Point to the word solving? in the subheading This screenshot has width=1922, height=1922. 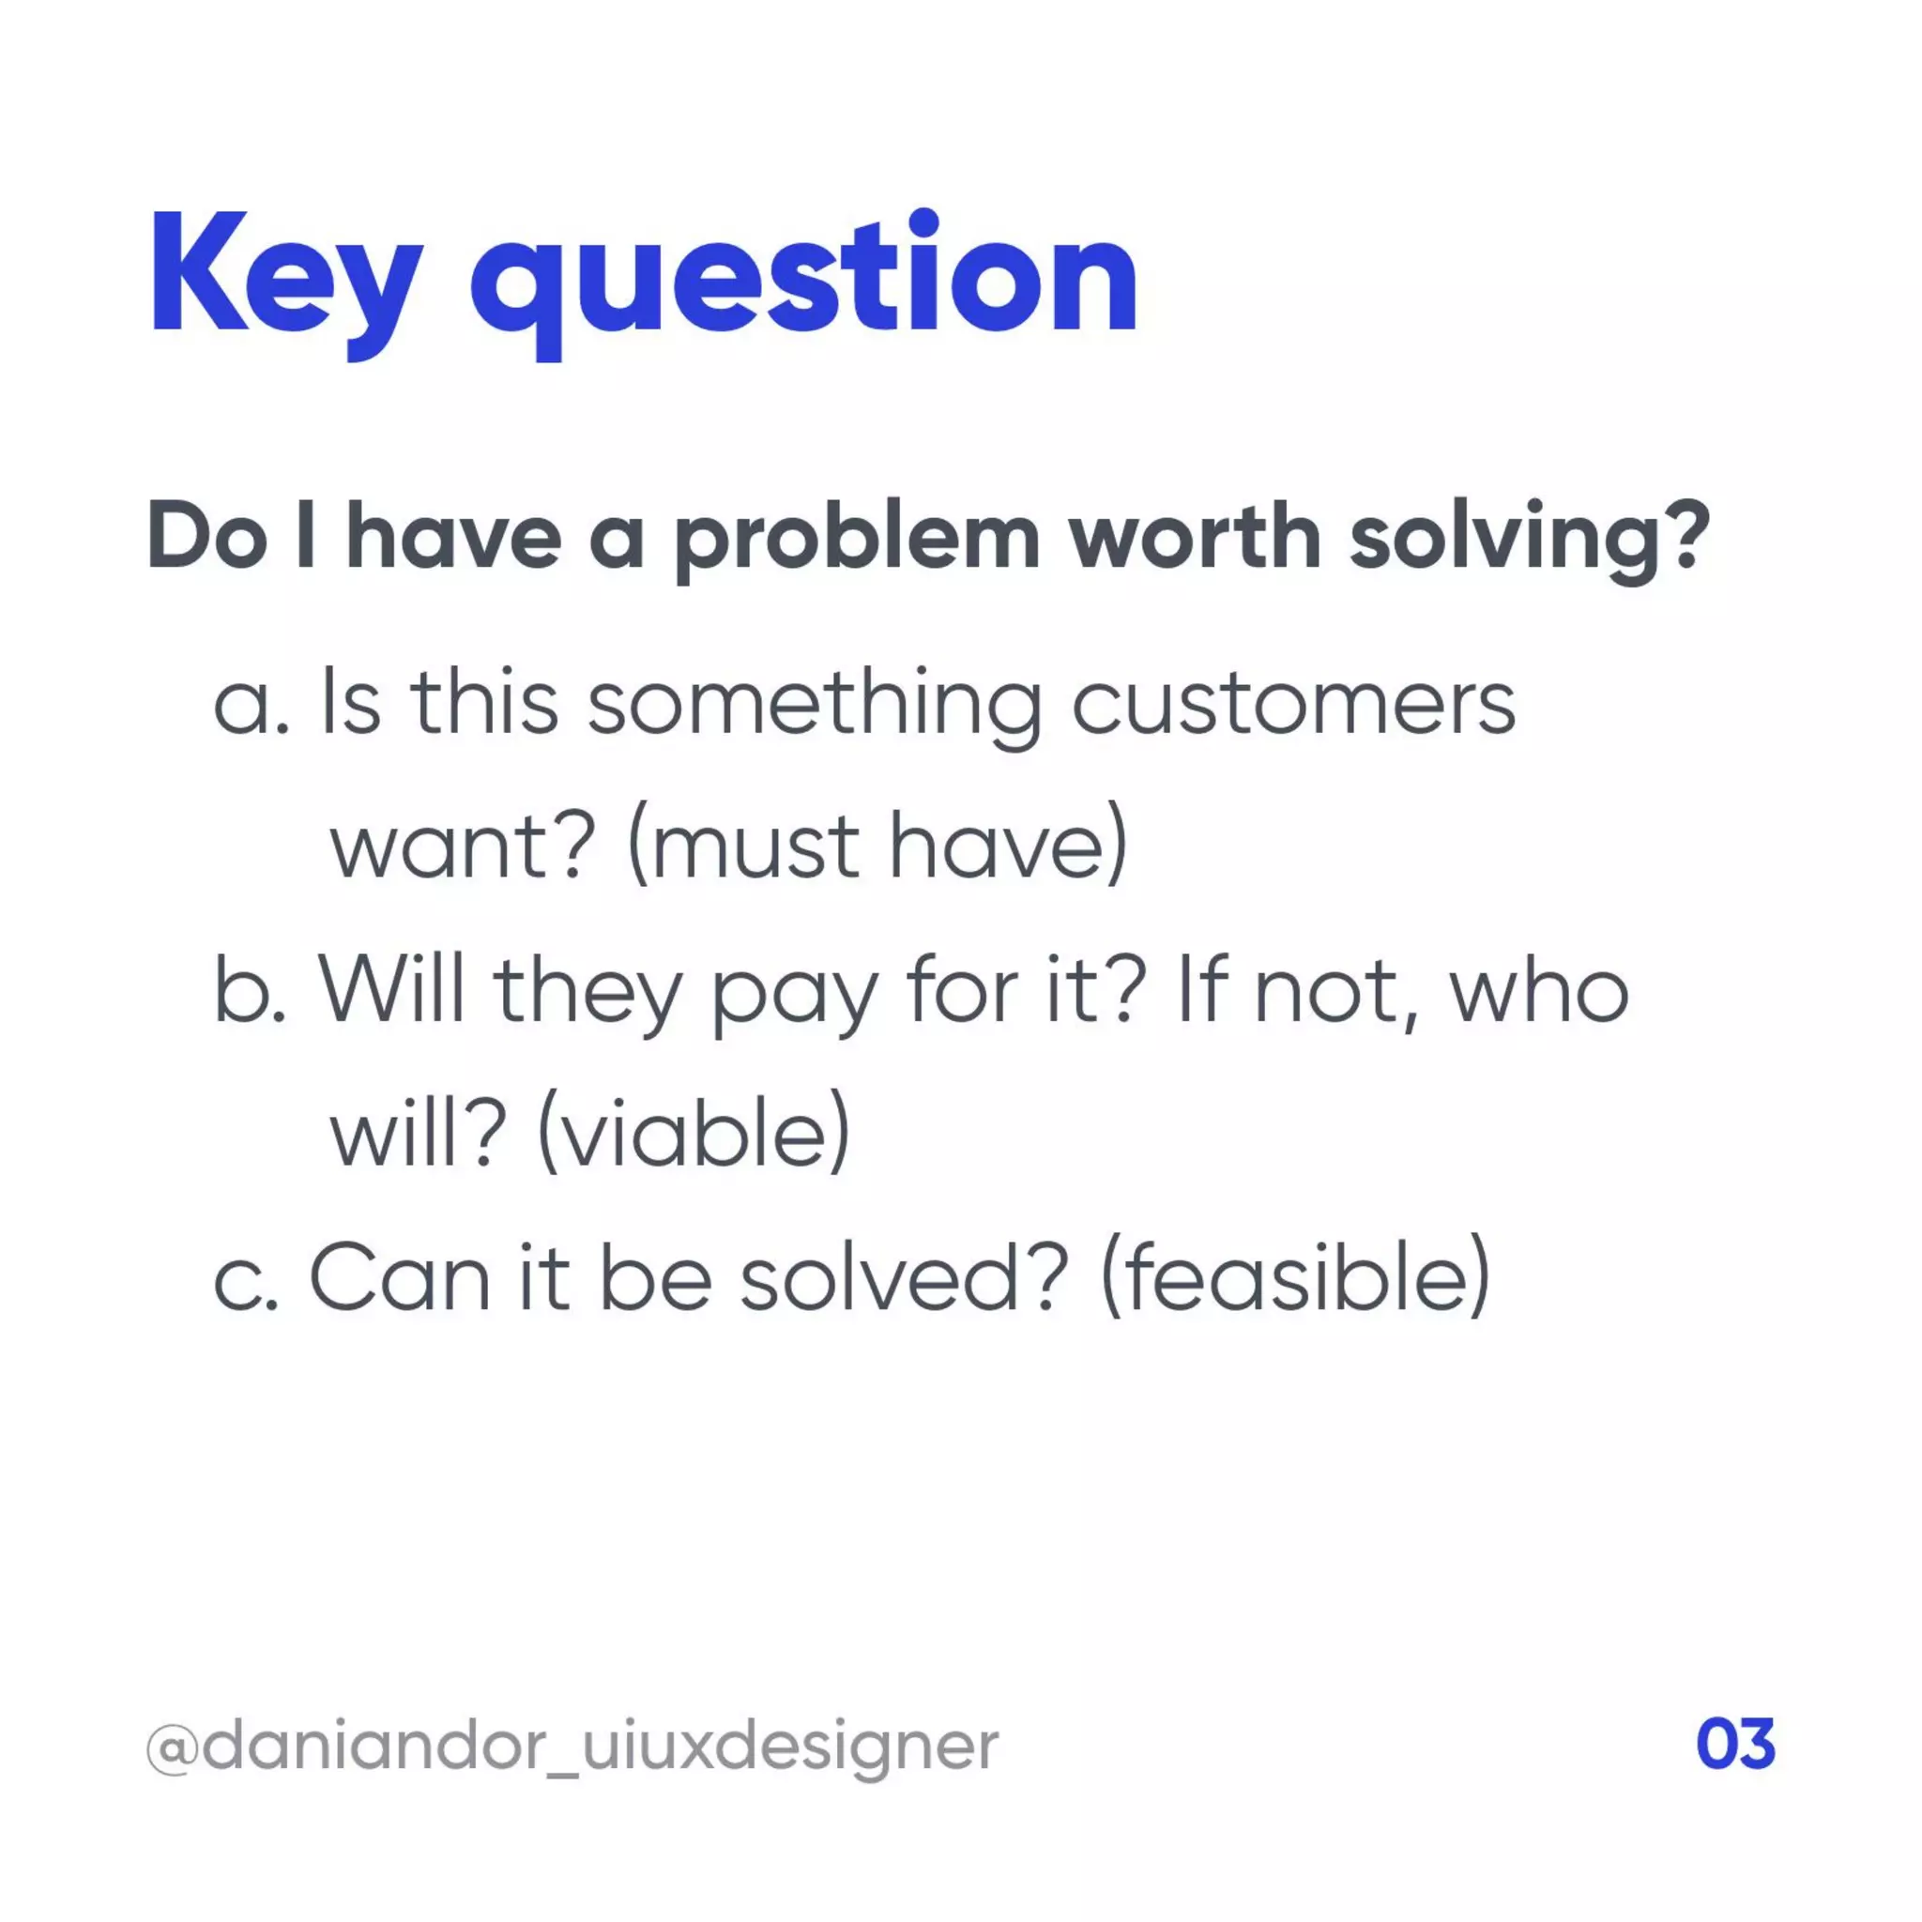1529,538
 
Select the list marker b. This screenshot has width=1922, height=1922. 250,992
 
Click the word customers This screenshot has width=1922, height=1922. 1292,706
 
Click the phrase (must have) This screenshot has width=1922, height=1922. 877,847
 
